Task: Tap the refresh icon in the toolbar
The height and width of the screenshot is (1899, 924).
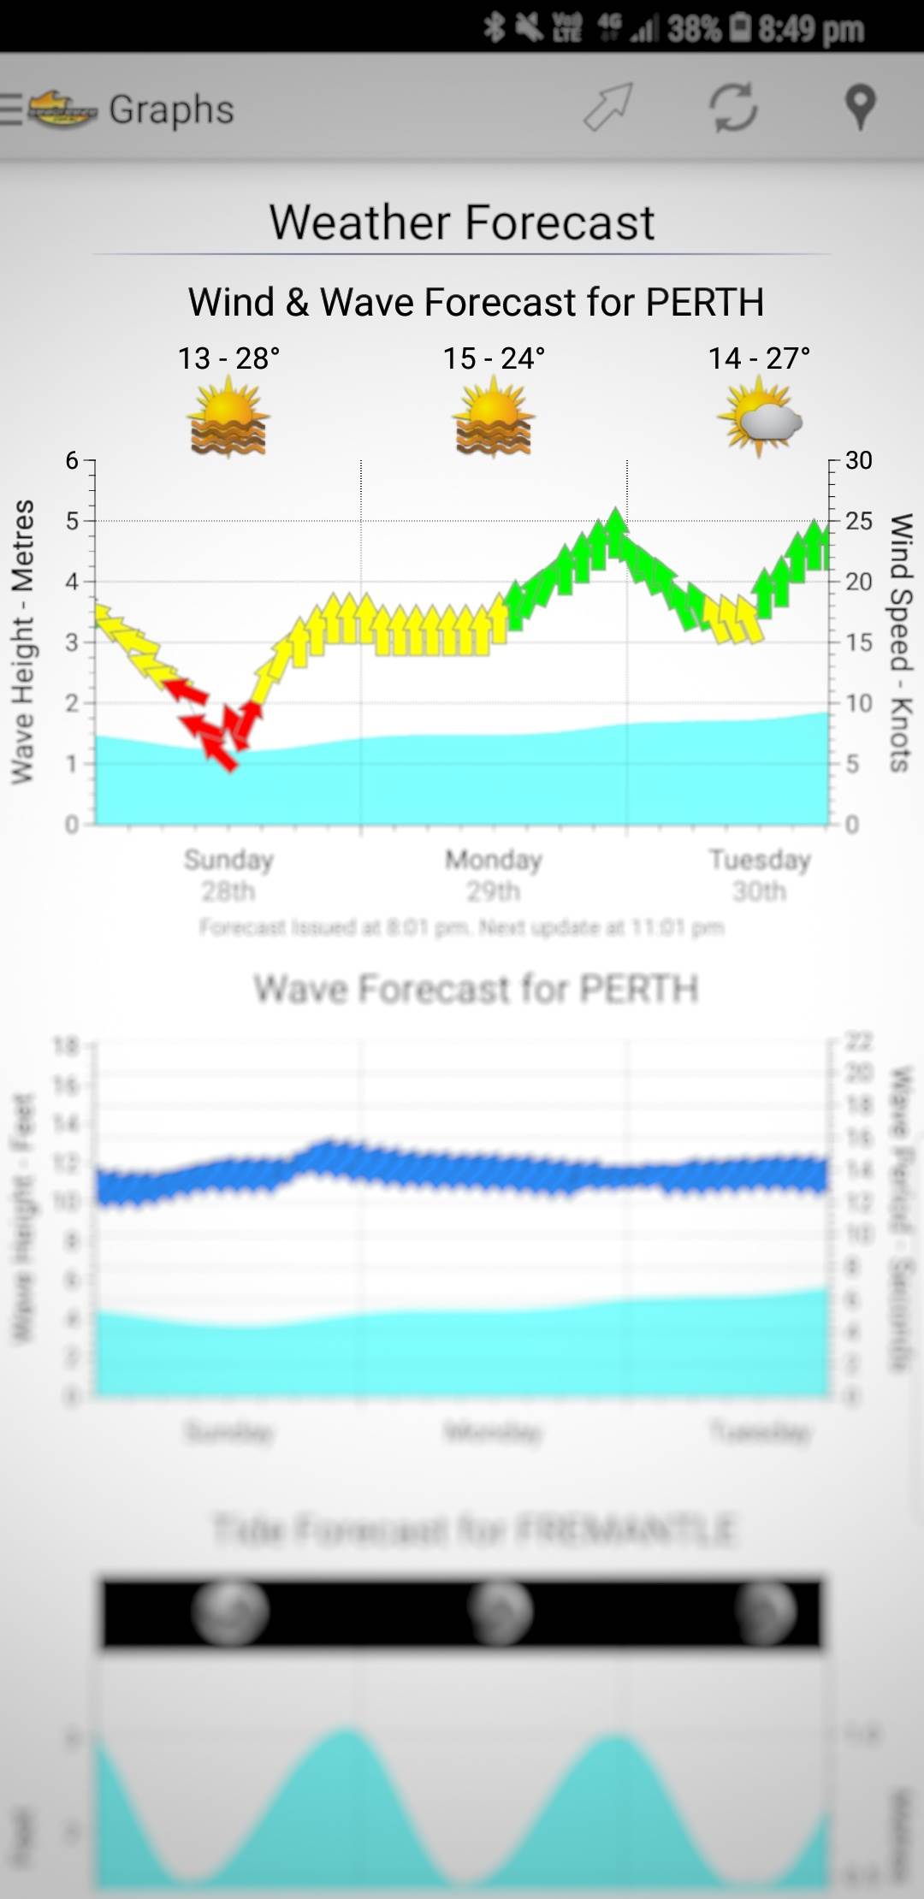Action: [x=733, y=108]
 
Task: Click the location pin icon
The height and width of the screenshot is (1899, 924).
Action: [x=860, y=108]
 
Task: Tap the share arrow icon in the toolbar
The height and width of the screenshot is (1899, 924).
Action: [x=608, y=108]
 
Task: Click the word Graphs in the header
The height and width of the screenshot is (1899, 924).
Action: [x=171, y=109]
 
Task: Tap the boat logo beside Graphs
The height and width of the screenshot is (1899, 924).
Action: [x=62, y=109]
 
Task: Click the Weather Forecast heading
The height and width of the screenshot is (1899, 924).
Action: [x=462, y=222]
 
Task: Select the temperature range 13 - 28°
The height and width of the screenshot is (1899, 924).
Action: [x=228, y=358]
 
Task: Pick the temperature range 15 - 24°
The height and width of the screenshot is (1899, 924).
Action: [x=494, y=358]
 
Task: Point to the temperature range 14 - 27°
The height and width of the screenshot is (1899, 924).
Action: [x=759, y=358]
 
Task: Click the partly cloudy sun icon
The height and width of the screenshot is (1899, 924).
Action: [x=760, y=418]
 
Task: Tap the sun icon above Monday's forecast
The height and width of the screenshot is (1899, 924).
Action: [x=494, y=418]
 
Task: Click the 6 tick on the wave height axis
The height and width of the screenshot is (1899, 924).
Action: [x=72, y=461]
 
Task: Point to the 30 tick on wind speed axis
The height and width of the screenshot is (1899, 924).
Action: [x=858, y=461]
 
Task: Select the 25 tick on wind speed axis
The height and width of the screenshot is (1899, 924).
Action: [x=858, y=521]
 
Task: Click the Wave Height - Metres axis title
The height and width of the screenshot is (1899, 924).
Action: [x=23, y=642]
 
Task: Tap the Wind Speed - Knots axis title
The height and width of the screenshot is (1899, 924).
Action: [x=901, y=642]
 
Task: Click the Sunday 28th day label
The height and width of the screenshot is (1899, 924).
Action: [x=228, y=875]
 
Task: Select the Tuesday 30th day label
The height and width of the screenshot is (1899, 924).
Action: [x=760, y=875]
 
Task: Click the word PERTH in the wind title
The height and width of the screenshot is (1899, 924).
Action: [x=704, y=302]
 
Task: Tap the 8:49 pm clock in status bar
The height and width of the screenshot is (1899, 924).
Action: [x=810, y=29]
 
